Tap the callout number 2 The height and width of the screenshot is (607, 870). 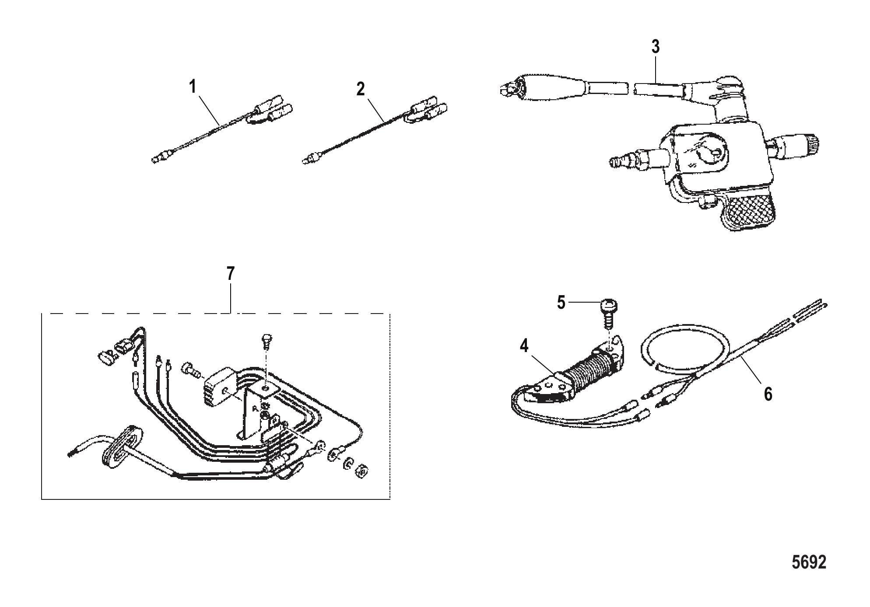(360, 89)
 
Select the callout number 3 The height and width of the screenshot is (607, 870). (655, 47)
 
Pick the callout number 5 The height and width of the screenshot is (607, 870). (561, 302)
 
